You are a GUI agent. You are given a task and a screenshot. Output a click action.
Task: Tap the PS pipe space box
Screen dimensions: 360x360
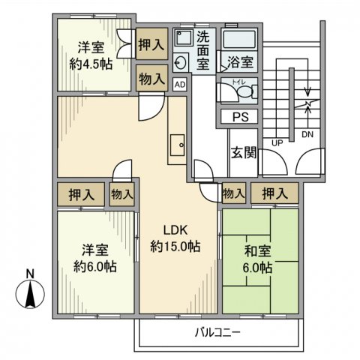coord(240,117)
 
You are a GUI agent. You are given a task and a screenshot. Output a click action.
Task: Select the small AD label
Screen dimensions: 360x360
coord(180,85)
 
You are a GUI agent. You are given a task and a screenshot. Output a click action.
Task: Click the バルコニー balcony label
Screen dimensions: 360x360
coord(218,331)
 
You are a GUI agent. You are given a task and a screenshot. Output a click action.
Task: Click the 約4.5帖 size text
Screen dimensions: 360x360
coord(92,64)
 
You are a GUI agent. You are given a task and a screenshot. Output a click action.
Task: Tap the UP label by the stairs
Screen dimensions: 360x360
coord(277,142)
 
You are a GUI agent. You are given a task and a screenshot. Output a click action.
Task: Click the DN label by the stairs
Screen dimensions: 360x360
coord(307,136)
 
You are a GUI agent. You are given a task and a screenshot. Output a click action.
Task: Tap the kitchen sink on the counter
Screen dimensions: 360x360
coord(178,142)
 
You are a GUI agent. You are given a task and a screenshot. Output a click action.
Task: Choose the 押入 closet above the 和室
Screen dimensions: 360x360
coord(274,193)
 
